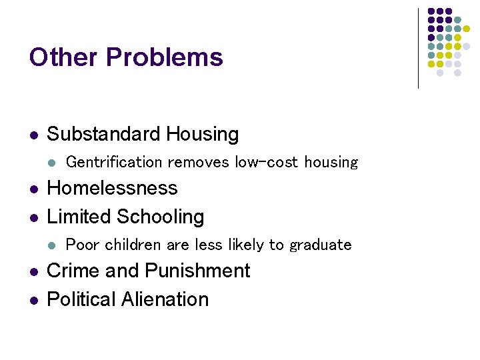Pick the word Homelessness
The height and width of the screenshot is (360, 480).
[x=112, y=188]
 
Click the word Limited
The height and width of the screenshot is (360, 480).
[x=79, y=217]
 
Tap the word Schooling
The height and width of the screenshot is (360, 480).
[x=161, y=217]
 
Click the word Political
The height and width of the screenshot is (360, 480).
[x=81, y=299]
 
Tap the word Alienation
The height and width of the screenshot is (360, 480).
[x=165, y=299]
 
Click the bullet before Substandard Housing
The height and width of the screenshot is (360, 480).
[x=33, y=135]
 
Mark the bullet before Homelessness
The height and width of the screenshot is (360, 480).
[x=33, y=189]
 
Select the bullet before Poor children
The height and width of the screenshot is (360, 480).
[x=53, y=245]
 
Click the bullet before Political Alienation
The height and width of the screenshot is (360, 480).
[x=33, y=300]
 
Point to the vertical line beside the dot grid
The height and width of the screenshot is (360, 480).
[x=418, y=48]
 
